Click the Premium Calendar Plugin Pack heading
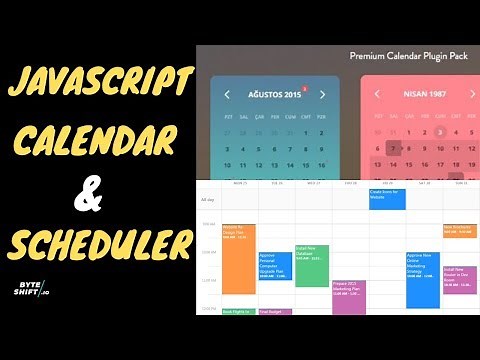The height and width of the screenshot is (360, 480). coord(409,56)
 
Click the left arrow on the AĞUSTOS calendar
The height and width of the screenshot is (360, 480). coord(227,95)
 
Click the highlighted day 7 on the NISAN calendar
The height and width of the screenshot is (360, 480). coord(394,148)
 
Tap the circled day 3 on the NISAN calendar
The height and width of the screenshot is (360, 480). coord(439,131)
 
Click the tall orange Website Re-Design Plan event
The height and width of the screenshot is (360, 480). coord(239,257)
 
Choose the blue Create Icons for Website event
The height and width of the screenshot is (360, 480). coord(387,198)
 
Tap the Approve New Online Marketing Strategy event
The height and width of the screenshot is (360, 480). coord(422,278)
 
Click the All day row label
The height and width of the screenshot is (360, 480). coord(209,201)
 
